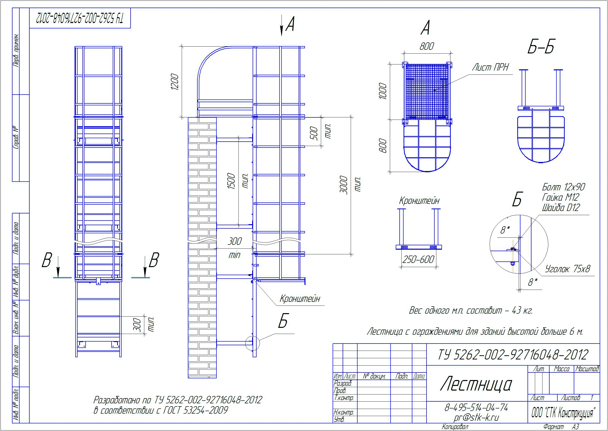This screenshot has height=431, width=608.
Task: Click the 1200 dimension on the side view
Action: tap(175, 82)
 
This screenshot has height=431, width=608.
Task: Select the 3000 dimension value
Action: tap(344, 185)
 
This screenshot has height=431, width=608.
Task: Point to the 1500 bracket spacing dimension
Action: tap(231, 181)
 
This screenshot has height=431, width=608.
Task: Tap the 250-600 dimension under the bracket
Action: tap(418, 259)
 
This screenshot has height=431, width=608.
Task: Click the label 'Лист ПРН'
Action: tap(490, 67)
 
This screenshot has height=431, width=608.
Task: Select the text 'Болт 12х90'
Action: tap(563, 187)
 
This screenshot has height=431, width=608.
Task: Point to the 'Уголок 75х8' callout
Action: tap(567, 269)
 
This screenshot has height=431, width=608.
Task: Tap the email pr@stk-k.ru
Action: tap(476, 418)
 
